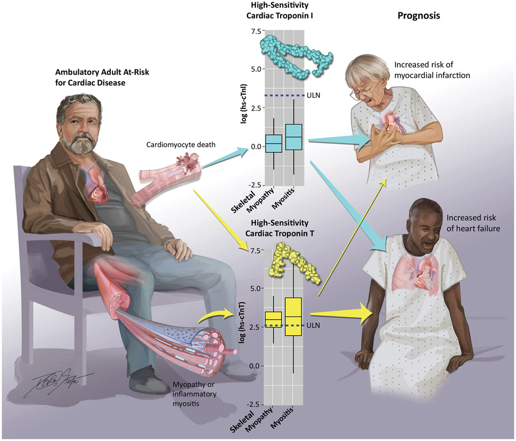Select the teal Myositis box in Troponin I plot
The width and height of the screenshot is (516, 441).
click(294, 137)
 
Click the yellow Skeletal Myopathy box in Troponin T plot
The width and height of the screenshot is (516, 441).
click(273, 319)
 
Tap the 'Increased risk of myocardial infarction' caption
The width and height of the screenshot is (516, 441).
click(432, 70)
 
